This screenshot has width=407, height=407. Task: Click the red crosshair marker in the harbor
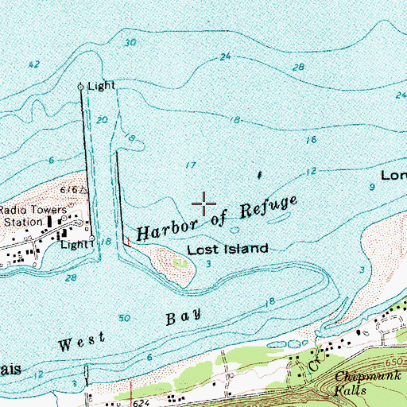(205, 204)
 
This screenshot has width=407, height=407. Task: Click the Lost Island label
(227, 249)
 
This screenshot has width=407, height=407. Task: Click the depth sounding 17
(189, 165)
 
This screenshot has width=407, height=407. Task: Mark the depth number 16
(312, 139)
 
